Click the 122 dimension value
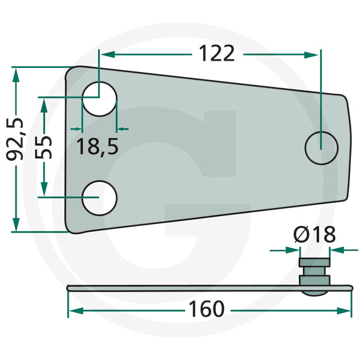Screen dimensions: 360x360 pyautogui.click(x=217, y=54)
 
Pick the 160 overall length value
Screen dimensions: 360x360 pyautogui.click(x=206, y=310)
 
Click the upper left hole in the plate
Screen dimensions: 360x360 pyautogui.click(x=99, y=98)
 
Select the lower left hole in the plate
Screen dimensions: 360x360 pyautogui.click(x=99, y=198)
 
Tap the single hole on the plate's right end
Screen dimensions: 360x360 pyautogui.click(x=321, y=148)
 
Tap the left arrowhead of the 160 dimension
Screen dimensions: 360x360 pyautogui.click(x=75, y=310)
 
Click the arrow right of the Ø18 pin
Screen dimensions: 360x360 pyautogui.click(x=337, y=249)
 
